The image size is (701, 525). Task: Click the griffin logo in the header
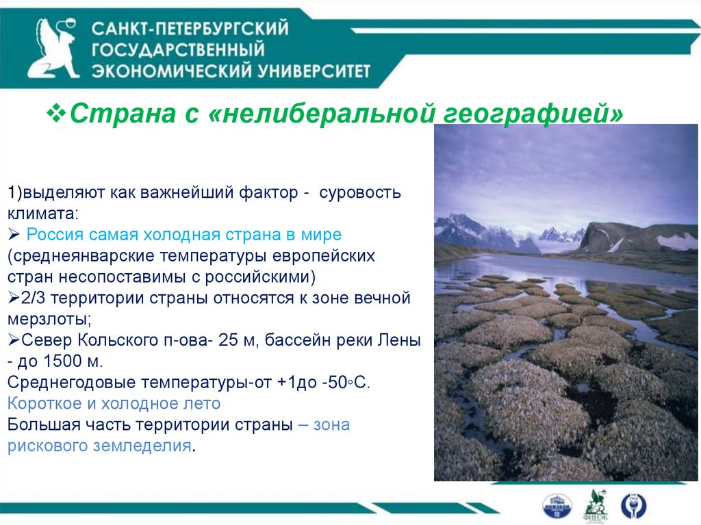(53, 49)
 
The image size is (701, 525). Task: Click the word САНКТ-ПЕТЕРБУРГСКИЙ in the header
(190, 29)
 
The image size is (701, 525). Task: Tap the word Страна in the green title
(123, 114)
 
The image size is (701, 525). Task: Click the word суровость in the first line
(360, 193)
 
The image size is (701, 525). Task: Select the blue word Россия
(55, 234)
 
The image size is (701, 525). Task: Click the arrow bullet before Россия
(14, 234)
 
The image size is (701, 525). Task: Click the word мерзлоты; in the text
(49, 319)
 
